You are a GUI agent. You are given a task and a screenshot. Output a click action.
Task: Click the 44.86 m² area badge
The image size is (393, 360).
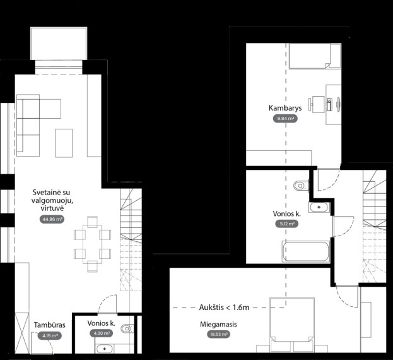click(x=52, y=219)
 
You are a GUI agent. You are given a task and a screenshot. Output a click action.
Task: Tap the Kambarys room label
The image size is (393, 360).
click(x=285, y=108)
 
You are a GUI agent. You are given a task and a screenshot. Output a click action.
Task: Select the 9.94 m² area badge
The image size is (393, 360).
click(x=285, y=118)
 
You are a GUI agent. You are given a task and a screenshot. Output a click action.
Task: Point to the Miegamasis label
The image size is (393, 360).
click(x=218, y=324)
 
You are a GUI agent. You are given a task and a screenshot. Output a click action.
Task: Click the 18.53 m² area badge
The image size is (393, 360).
click(x=218, y=334)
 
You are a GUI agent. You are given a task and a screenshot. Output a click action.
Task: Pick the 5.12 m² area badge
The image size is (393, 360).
click(x=287, y=224)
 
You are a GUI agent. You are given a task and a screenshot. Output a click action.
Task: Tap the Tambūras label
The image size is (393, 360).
click(x=50, y=325)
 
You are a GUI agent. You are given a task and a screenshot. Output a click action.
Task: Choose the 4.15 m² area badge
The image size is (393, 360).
click(x=50, y=335)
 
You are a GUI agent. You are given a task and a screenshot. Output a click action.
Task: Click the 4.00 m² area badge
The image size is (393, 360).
click(x=102, y=333)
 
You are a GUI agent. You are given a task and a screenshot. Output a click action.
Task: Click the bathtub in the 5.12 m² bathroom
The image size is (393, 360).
click(x=306, y=251)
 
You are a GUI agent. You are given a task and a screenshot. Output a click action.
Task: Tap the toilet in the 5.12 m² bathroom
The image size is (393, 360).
click(x=301, y=186)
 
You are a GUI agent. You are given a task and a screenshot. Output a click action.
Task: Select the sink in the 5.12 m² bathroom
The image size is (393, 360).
click(x=319, y=207)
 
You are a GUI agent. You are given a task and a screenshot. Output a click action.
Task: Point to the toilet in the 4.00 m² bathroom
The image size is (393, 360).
click(x=127, y=328)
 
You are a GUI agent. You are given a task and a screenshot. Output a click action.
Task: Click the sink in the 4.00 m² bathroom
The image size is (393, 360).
click(x=104, y=349)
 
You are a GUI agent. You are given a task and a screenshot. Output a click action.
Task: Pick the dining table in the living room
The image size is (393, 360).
click(x=93, y=244)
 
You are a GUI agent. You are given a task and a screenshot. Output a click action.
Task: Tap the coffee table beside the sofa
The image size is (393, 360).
click(x=64, y=143)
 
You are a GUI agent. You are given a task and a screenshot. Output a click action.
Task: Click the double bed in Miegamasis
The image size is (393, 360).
click(x=292, y=325)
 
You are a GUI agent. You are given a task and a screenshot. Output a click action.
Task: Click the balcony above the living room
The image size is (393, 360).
click(x=59, y=44)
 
